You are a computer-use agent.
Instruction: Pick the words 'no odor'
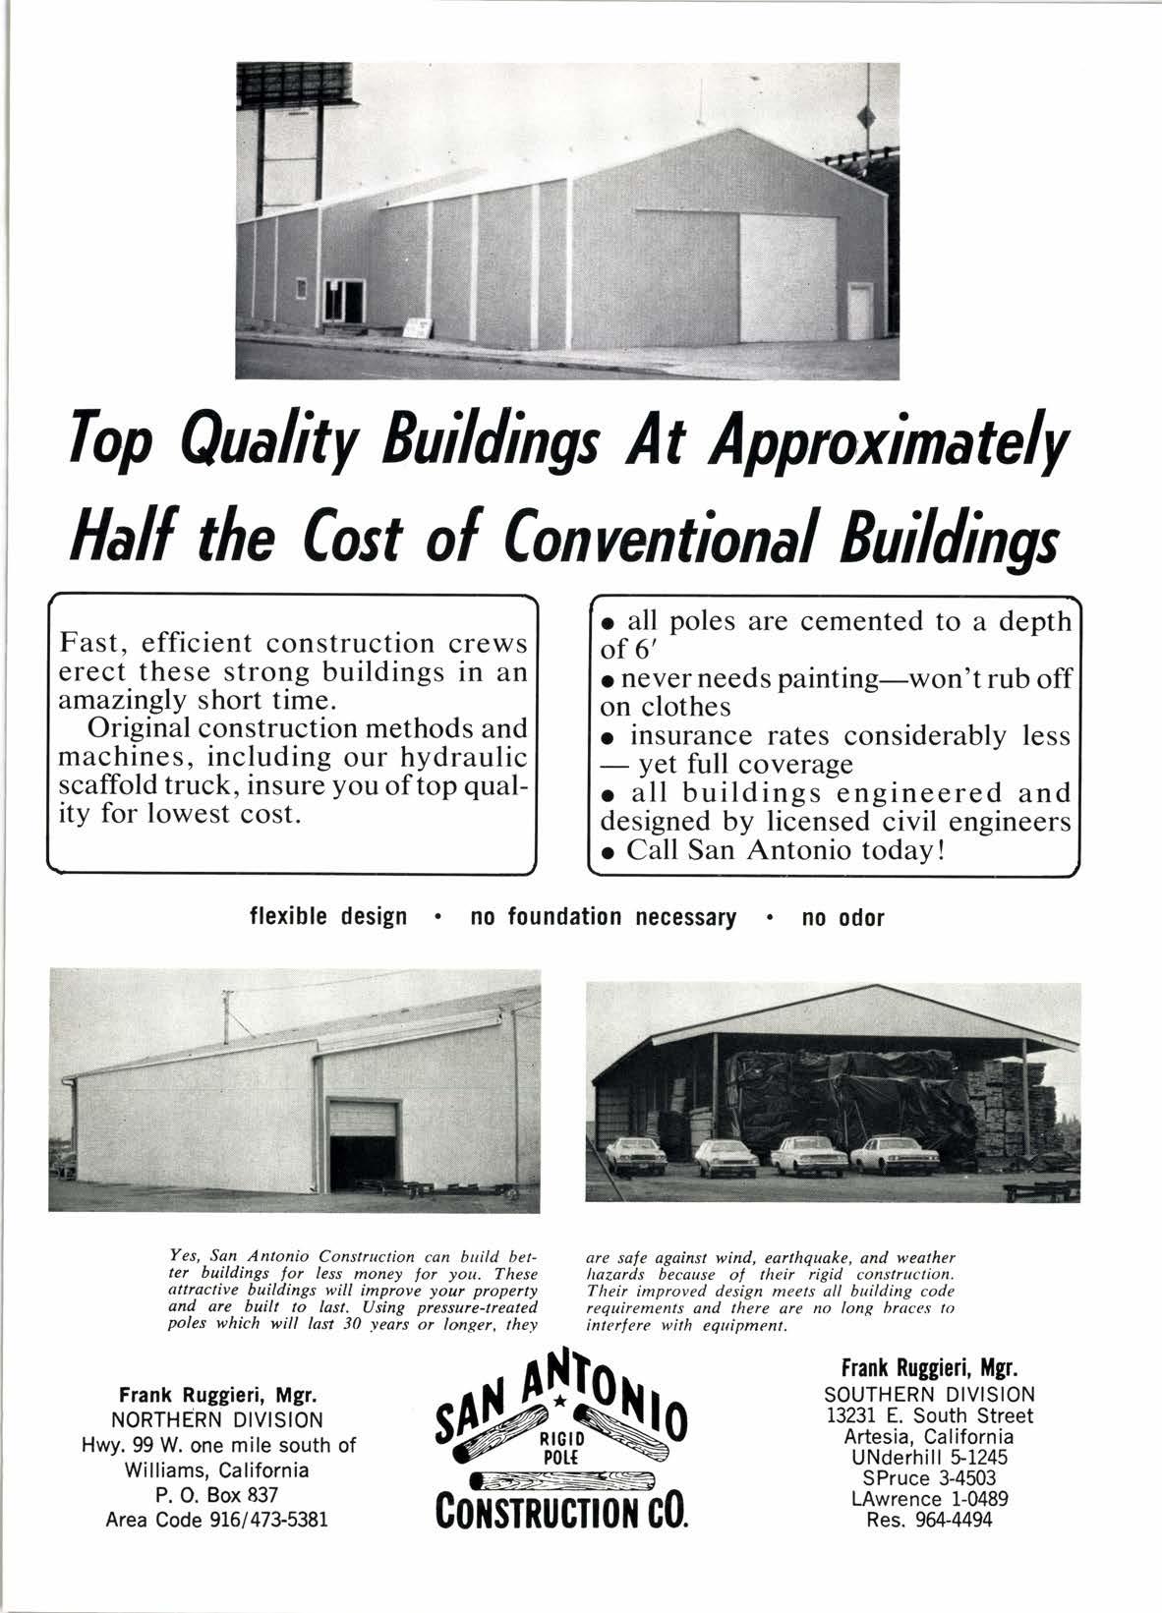point(843,918)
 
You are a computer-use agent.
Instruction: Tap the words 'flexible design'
point(328,918)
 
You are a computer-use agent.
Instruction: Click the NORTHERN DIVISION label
point(216,1420)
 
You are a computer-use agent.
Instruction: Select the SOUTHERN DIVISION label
point(929,1394)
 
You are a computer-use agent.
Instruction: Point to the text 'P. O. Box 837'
point(216,1495)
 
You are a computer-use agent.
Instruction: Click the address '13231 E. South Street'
point(929,1415)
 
